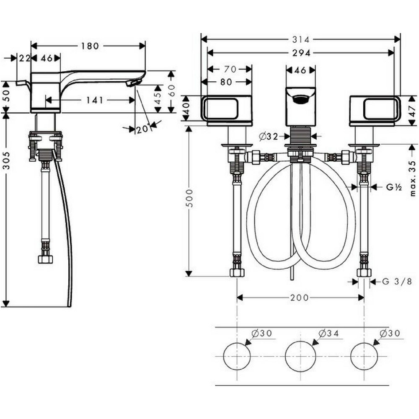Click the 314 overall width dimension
300,39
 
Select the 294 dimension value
301,53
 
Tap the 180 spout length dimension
90,46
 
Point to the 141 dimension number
95,100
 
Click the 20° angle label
143,129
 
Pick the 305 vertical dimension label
6,160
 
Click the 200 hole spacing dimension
299,297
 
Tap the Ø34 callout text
329,333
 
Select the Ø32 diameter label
269,137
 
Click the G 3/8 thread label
397,282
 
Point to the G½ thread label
394,187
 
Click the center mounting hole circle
300,357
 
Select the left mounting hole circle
237,356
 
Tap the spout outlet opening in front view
300,99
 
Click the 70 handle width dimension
230,69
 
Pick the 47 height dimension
413,111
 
